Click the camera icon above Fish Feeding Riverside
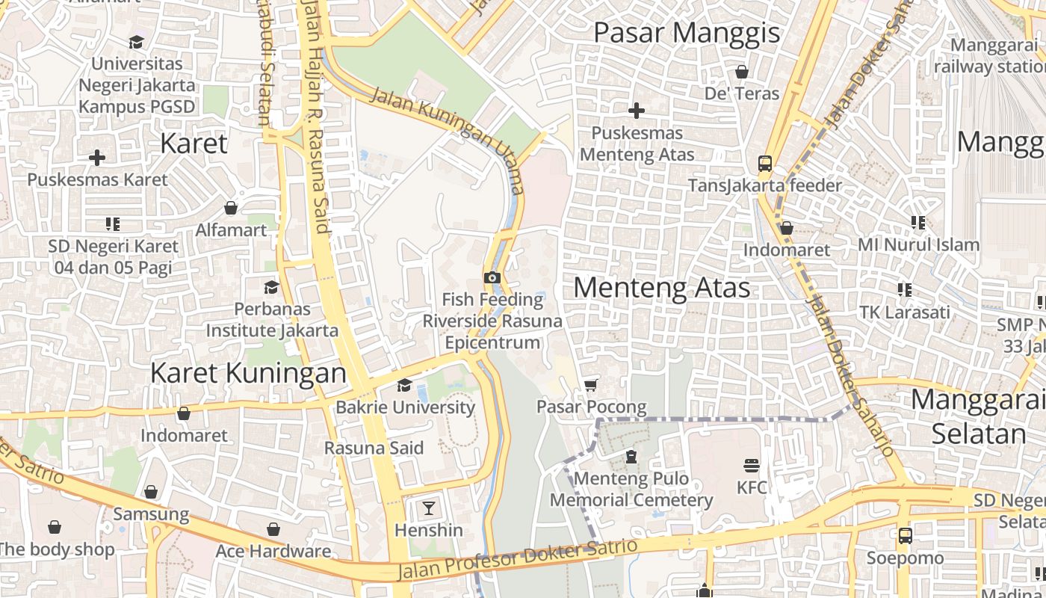[x=492, y=278]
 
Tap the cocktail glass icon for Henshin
[x=428, y=508]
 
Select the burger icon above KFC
[x=752, y=466]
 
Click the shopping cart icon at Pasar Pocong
[x=591, y=385]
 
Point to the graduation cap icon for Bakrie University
[x=404, y=385]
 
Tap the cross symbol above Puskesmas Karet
[x=97, y=158]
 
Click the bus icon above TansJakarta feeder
[x=764, y=163]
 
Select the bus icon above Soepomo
[x=905, y=536]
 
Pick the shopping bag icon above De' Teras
[x=742, y=72]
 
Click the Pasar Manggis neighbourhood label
[x=687, y=33]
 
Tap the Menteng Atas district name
[x=662, y=288]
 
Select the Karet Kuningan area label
[x=248, y=372]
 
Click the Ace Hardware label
[x=273, y=552]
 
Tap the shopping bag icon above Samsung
[x=151, y=492]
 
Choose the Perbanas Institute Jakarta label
[x=272, y=319]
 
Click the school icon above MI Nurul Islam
[x=918, y=223]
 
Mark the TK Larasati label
[x=904, y=312]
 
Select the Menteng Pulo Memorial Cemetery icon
[x=631, y=457]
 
